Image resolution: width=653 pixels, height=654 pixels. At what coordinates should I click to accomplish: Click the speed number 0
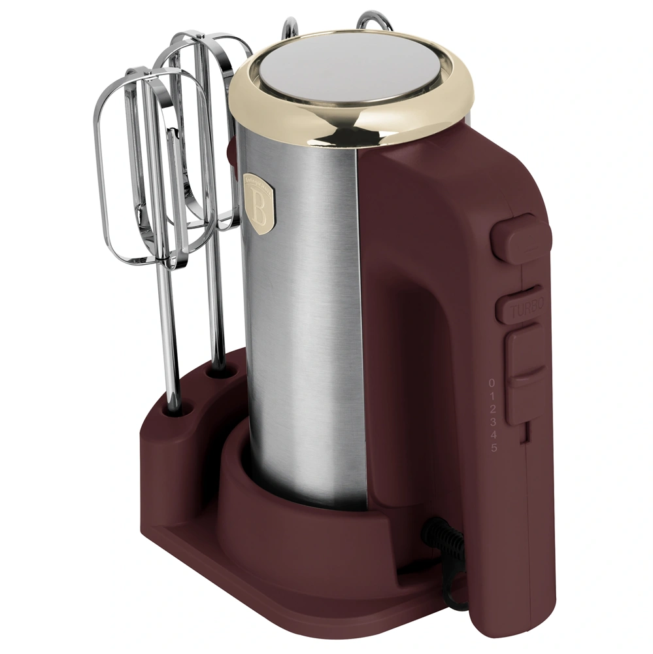pos(492,383)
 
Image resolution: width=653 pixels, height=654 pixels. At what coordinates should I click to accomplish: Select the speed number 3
pos(494,422)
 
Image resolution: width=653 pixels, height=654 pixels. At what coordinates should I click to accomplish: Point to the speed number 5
pos(494,448)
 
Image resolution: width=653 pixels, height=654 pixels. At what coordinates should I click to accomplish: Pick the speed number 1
pos(492,396)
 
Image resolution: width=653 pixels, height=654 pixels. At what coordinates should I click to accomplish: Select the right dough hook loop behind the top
pos(377,20)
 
